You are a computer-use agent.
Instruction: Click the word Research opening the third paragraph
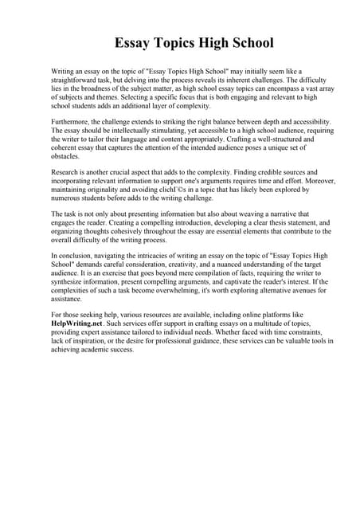68,172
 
